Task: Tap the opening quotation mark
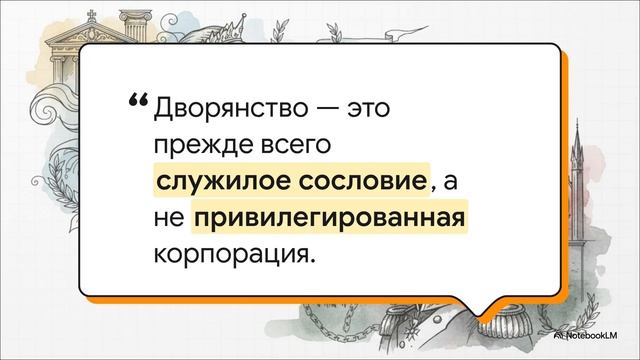point(138,101)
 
